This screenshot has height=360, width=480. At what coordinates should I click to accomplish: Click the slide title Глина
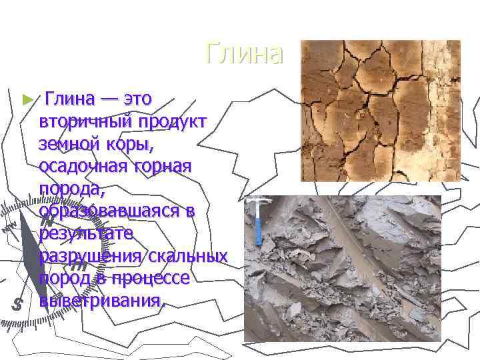[x=245, y=54]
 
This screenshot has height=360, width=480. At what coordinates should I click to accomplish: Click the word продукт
[x=175, y=121]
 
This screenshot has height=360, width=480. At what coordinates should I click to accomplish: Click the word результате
[x=87, y=233]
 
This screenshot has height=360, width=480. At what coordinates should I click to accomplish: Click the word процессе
[x=150, y=279]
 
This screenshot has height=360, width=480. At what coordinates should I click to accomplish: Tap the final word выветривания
[x=100, y=301]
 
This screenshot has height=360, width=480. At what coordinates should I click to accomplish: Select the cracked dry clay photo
[x=380, y=111]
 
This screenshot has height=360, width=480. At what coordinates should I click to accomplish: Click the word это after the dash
[x=133, y=99]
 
